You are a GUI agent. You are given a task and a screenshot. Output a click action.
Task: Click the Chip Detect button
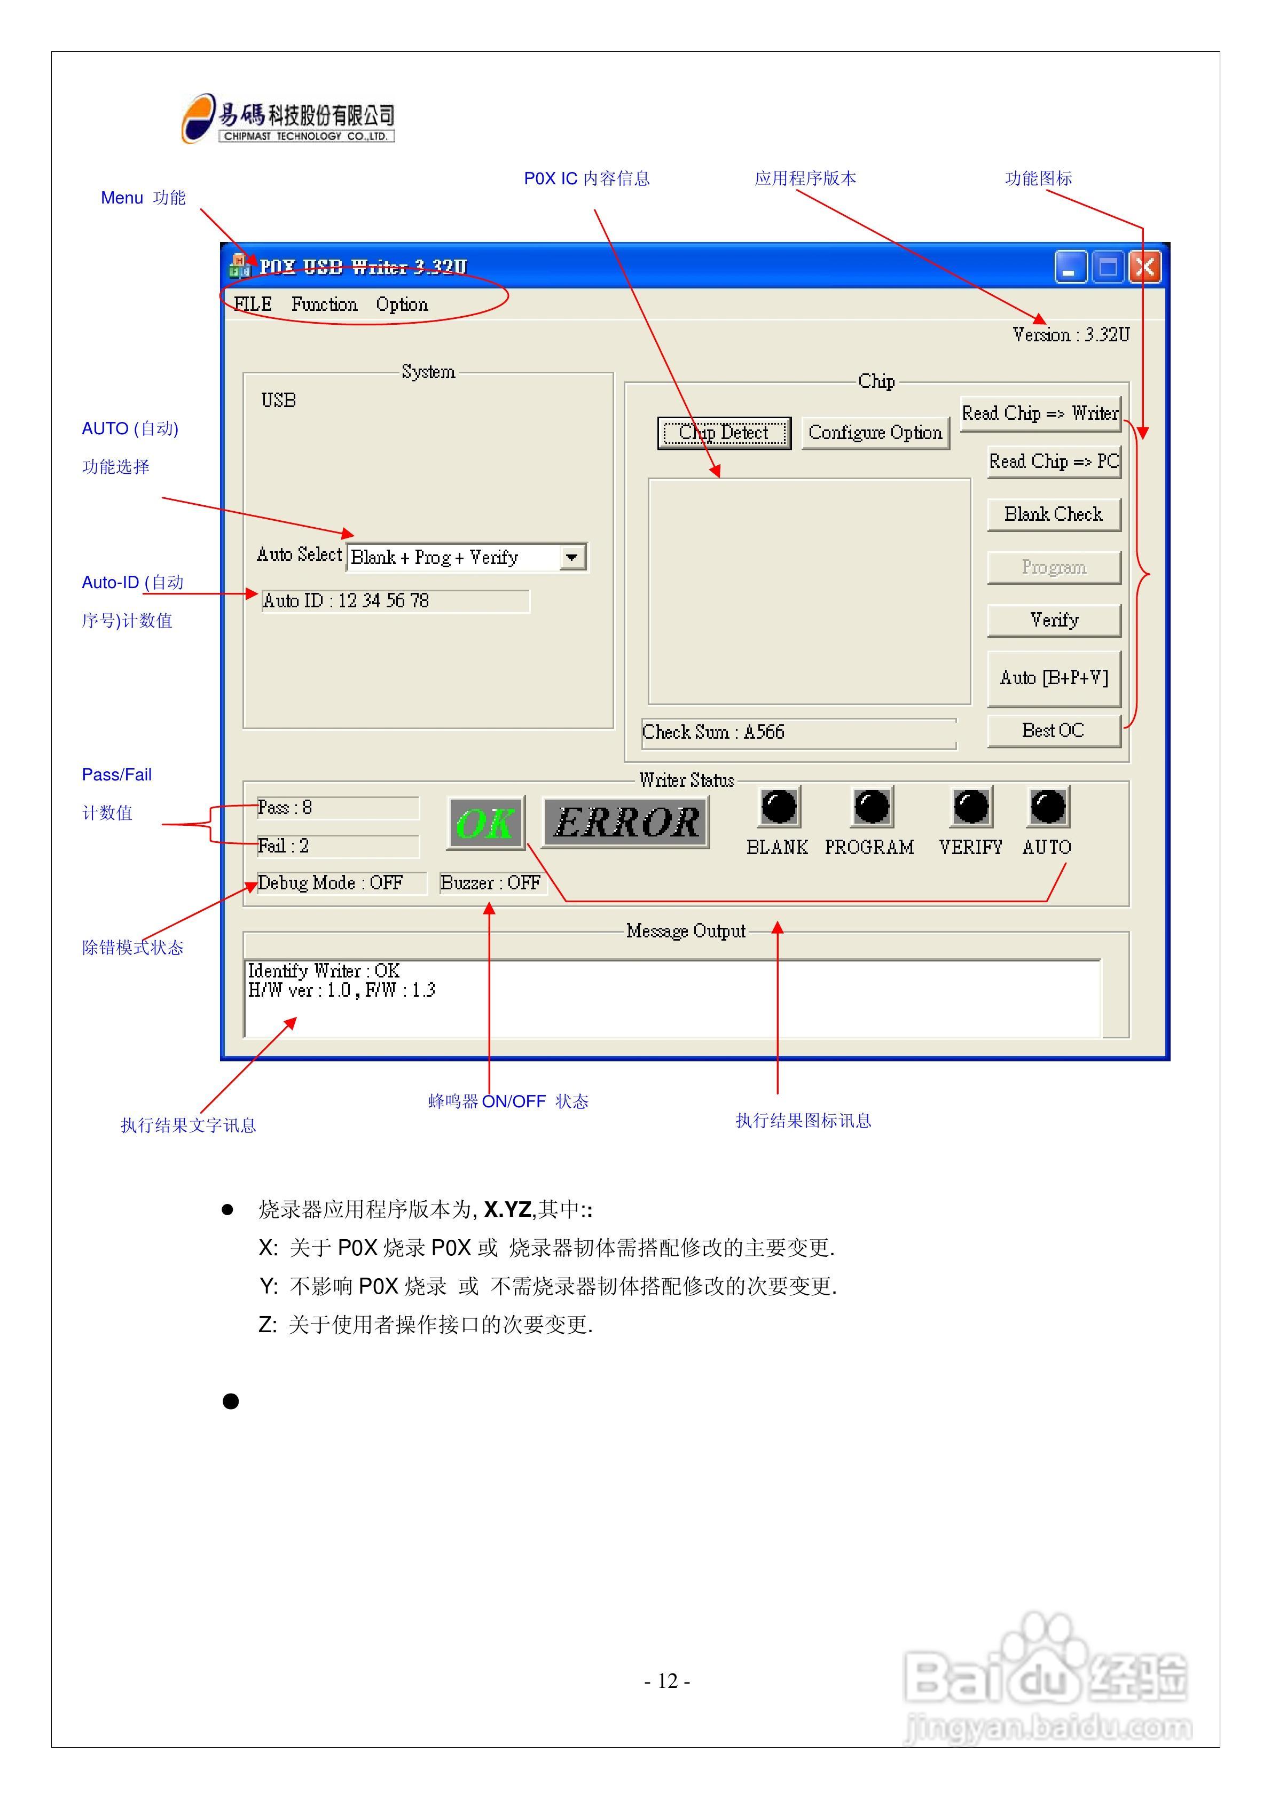click(724, 433)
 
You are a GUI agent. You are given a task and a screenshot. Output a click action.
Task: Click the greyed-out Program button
click(1054, 567)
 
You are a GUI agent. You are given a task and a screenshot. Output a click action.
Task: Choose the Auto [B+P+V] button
click(1054, 678)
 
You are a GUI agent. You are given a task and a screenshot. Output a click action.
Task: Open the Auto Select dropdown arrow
click(572, 557)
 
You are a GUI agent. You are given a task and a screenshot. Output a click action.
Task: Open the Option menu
click(402, 304)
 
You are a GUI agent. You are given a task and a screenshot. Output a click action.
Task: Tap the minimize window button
click(1070, 267)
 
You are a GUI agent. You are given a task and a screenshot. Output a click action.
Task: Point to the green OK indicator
click(486, 823)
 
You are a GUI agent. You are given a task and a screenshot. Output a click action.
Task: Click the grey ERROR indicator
click(626, 822)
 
